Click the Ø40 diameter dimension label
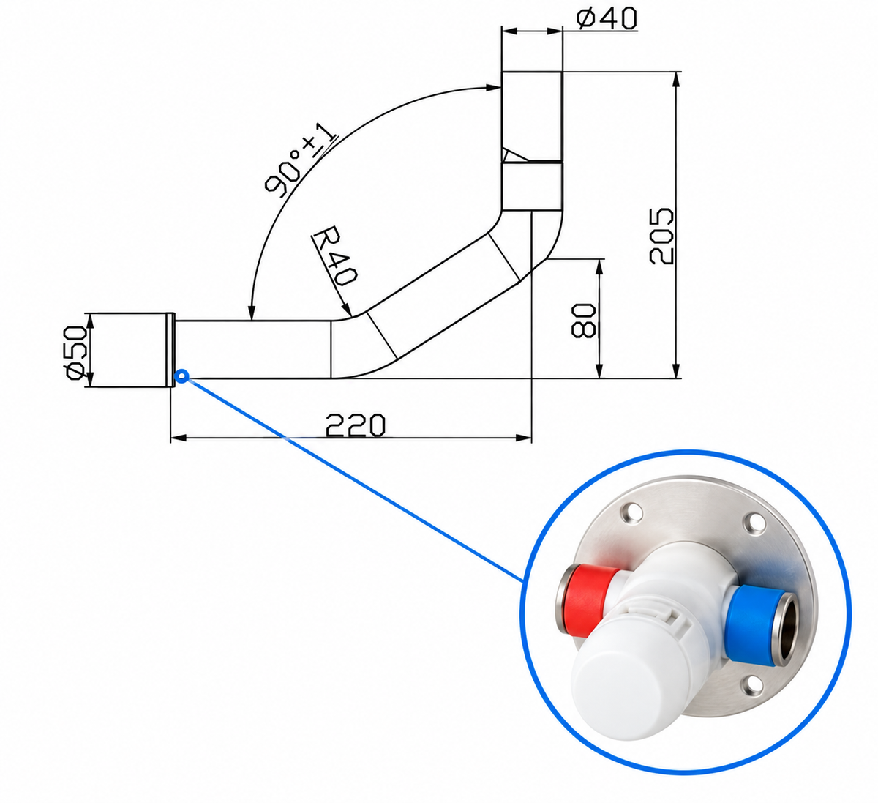(607, 19)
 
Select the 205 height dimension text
(661, 236)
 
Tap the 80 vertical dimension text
(584, 320)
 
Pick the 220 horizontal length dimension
(356, 425)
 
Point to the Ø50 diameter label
(75, 352)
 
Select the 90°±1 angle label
(301, 160)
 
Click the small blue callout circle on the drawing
(181, 376)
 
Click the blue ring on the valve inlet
(751, 627)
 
